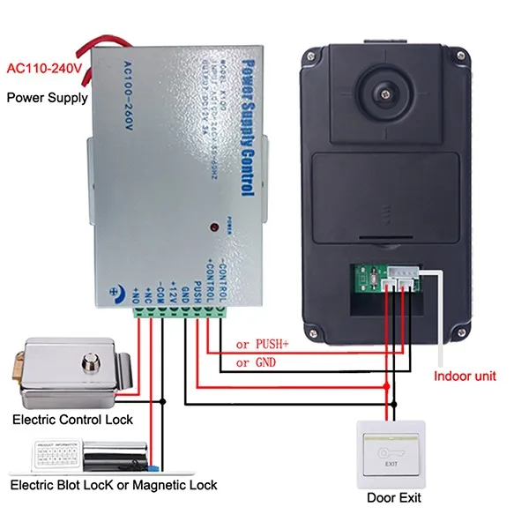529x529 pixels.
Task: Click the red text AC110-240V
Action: click(45, 68)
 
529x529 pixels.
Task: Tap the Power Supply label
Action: click(48, 97)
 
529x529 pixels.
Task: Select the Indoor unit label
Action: click(466, 376)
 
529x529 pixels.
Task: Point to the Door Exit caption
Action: click(393, 498)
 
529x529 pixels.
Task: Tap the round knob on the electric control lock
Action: click(88, 361)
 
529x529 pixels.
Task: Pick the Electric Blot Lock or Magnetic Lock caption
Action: click(113, 485)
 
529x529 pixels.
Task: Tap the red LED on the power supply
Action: click(213, 228)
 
